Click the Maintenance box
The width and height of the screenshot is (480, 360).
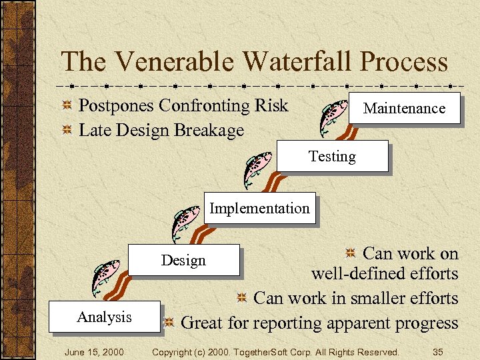tap(404, 108)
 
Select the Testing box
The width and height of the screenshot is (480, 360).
tap(332, 157)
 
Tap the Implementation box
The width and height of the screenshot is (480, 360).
tap(259, 208)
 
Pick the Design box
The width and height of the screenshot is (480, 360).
tap(183, 260)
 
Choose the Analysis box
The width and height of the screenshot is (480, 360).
tap(104, 317)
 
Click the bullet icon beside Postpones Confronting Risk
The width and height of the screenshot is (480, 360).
tap(67, 107)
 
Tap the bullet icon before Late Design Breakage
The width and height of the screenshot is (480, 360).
tap(67, 131)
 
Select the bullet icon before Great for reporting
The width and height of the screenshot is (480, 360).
tap(169, 323)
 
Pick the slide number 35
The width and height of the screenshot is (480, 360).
tap(438, 351)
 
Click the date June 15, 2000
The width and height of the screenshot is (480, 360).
tap(94, 351)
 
